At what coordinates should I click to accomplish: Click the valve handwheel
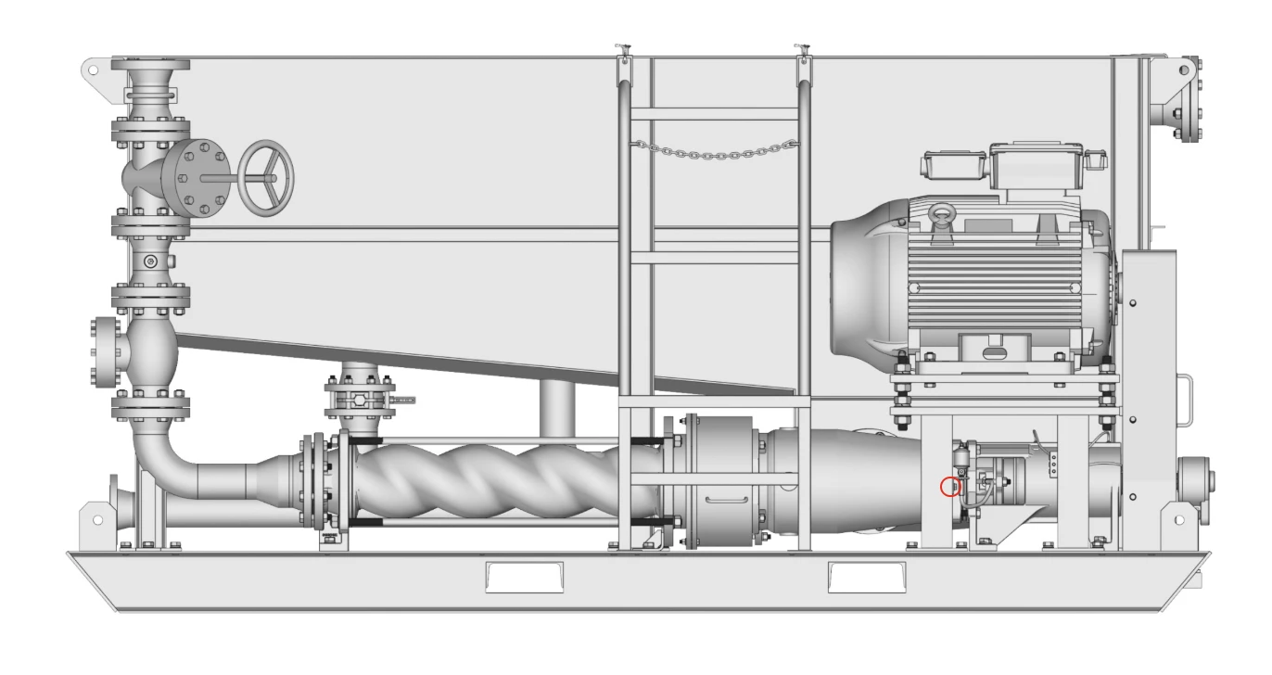point(266,178)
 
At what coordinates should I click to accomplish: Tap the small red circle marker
point(949,486)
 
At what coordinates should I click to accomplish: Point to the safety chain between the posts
point(714,147)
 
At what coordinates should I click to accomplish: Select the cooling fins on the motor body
point(1001,287)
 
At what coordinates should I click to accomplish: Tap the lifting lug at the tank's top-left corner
point(93,70)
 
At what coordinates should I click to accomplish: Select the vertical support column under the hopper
point(557,408)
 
